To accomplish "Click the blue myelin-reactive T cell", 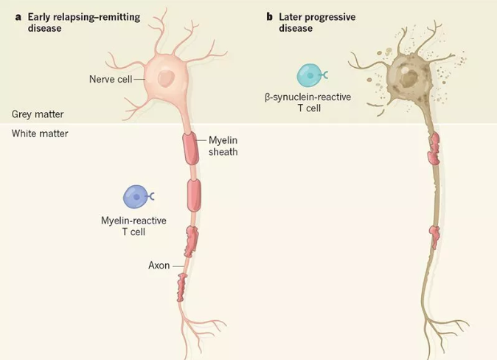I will coord(136,197).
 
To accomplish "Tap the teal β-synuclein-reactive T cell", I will coord(310,75).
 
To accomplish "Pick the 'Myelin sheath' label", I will coord(222,146).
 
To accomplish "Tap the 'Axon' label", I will coord(159,266).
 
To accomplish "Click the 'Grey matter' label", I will coord(38,114).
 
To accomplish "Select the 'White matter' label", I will coord(40,134).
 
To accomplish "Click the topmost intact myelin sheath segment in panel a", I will coord(192,148).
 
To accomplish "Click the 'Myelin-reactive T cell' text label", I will coord(133,226).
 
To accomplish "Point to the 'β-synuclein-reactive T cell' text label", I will coord(308,103).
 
